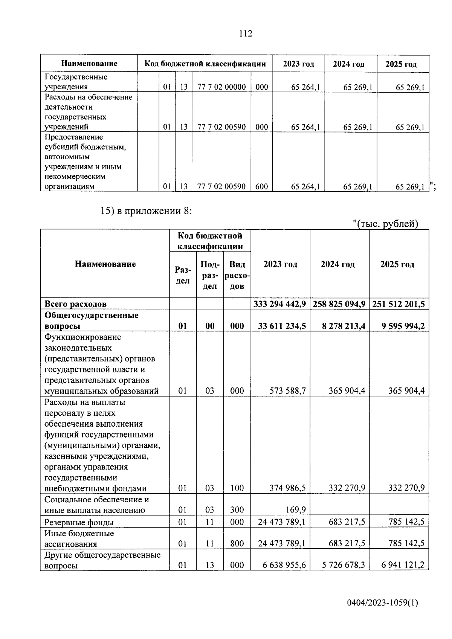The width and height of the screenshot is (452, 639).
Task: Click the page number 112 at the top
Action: point(246,34)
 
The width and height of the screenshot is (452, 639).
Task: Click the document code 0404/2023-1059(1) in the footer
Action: point(382,603)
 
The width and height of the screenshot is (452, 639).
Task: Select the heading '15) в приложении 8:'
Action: point(147,211)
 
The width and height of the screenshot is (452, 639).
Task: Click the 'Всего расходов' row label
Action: point(75,304)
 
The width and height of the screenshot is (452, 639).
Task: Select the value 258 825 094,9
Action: point(339,304)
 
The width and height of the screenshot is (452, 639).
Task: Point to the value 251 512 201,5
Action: point(399,304)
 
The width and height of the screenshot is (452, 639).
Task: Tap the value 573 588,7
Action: point(288,391)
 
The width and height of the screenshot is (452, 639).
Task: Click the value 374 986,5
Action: point(288,488)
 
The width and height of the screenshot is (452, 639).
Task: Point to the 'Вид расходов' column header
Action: point(237,275)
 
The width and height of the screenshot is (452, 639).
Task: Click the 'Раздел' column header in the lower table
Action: point(183,275)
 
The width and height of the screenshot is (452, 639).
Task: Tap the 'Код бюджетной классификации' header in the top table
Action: point(205,64)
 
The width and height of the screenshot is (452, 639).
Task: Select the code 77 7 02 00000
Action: point(221,87)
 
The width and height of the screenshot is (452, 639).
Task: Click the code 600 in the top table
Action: point(261,186)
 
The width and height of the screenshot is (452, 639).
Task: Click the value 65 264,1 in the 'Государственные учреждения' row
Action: point(305,87)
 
